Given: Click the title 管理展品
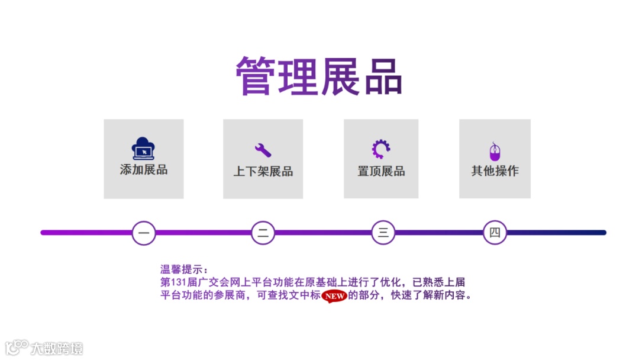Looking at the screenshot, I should (x=319, y=76).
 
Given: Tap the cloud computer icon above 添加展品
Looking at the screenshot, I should (x=143, y=149).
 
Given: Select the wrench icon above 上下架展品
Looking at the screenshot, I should (x=263, y=150).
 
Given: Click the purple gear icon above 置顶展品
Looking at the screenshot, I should (x=381, y=149).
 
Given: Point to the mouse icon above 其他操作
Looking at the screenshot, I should (x=495, y=152).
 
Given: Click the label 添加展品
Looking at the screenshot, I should (x=144, y=170).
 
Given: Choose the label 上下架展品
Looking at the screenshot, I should (x=263, y=172).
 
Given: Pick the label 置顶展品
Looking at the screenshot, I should (x=381, y=171).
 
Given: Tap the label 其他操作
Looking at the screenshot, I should (x=495, y=171).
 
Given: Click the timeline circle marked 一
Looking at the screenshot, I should (x=144, y=233).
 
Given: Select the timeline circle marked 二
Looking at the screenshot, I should (x=263, y=233).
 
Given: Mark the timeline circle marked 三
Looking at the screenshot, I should (x=383, y=233).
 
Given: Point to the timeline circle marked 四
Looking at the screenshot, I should (x=495, y=233).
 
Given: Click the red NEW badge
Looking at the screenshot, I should (x=334, y=295).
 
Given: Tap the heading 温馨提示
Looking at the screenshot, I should (x=184, y=270).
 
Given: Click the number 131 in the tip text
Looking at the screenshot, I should (x=179, y=282).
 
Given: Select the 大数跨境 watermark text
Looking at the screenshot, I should (x=57, y=348).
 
